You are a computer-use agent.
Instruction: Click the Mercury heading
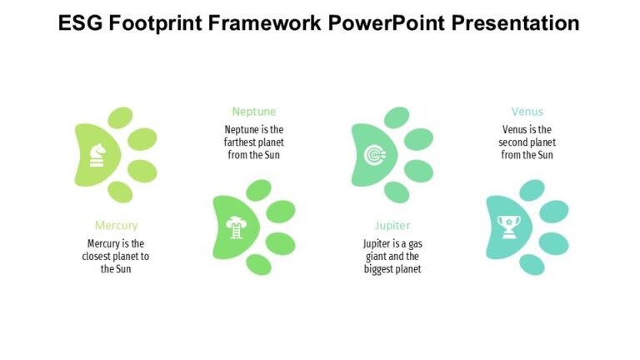click(117, 225)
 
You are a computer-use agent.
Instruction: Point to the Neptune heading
click(254, 112)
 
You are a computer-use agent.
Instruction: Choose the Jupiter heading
click(392, 225)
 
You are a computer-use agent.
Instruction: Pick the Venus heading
click(527, 112)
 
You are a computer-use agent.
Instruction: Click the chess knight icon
click(98, 155)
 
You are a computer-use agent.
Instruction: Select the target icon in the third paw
click(375, 155)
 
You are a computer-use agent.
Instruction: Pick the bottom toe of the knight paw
click(121, 192)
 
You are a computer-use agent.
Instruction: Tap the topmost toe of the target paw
click(397, 117)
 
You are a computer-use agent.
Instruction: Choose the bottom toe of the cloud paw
click(259, 264)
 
